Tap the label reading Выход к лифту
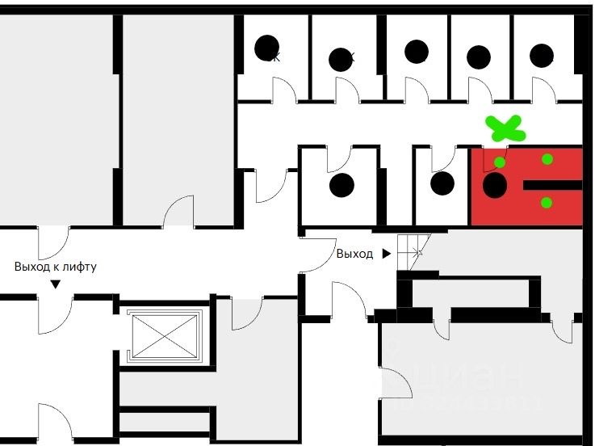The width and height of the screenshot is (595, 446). click(56, 266)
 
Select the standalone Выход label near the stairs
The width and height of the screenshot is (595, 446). click(354, 254)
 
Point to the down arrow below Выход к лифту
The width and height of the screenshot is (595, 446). click(56, 284)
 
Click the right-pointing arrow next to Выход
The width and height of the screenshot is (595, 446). click(387, 254)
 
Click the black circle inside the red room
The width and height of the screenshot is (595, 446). click(494, 186)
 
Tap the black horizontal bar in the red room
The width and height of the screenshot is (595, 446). click(552, 185)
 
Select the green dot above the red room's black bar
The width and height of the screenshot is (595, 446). click(547, 159)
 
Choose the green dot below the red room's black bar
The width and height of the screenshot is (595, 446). click(547, 203)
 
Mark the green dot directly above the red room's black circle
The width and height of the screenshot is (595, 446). click(500, 162)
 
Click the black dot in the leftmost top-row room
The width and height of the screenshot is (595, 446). click(266, 48)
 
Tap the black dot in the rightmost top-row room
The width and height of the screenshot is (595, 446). click(542, 55)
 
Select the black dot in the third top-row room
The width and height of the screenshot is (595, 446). click(416, 52)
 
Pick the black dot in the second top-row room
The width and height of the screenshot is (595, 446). click(341, 59)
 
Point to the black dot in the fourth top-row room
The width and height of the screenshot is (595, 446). click(479, 57)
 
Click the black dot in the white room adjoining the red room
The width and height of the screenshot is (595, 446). click(442, 183)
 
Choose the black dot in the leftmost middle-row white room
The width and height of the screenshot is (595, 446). click(342, 185)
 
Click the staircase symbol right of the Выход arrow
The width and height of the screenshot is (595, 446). click(413, 246)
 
